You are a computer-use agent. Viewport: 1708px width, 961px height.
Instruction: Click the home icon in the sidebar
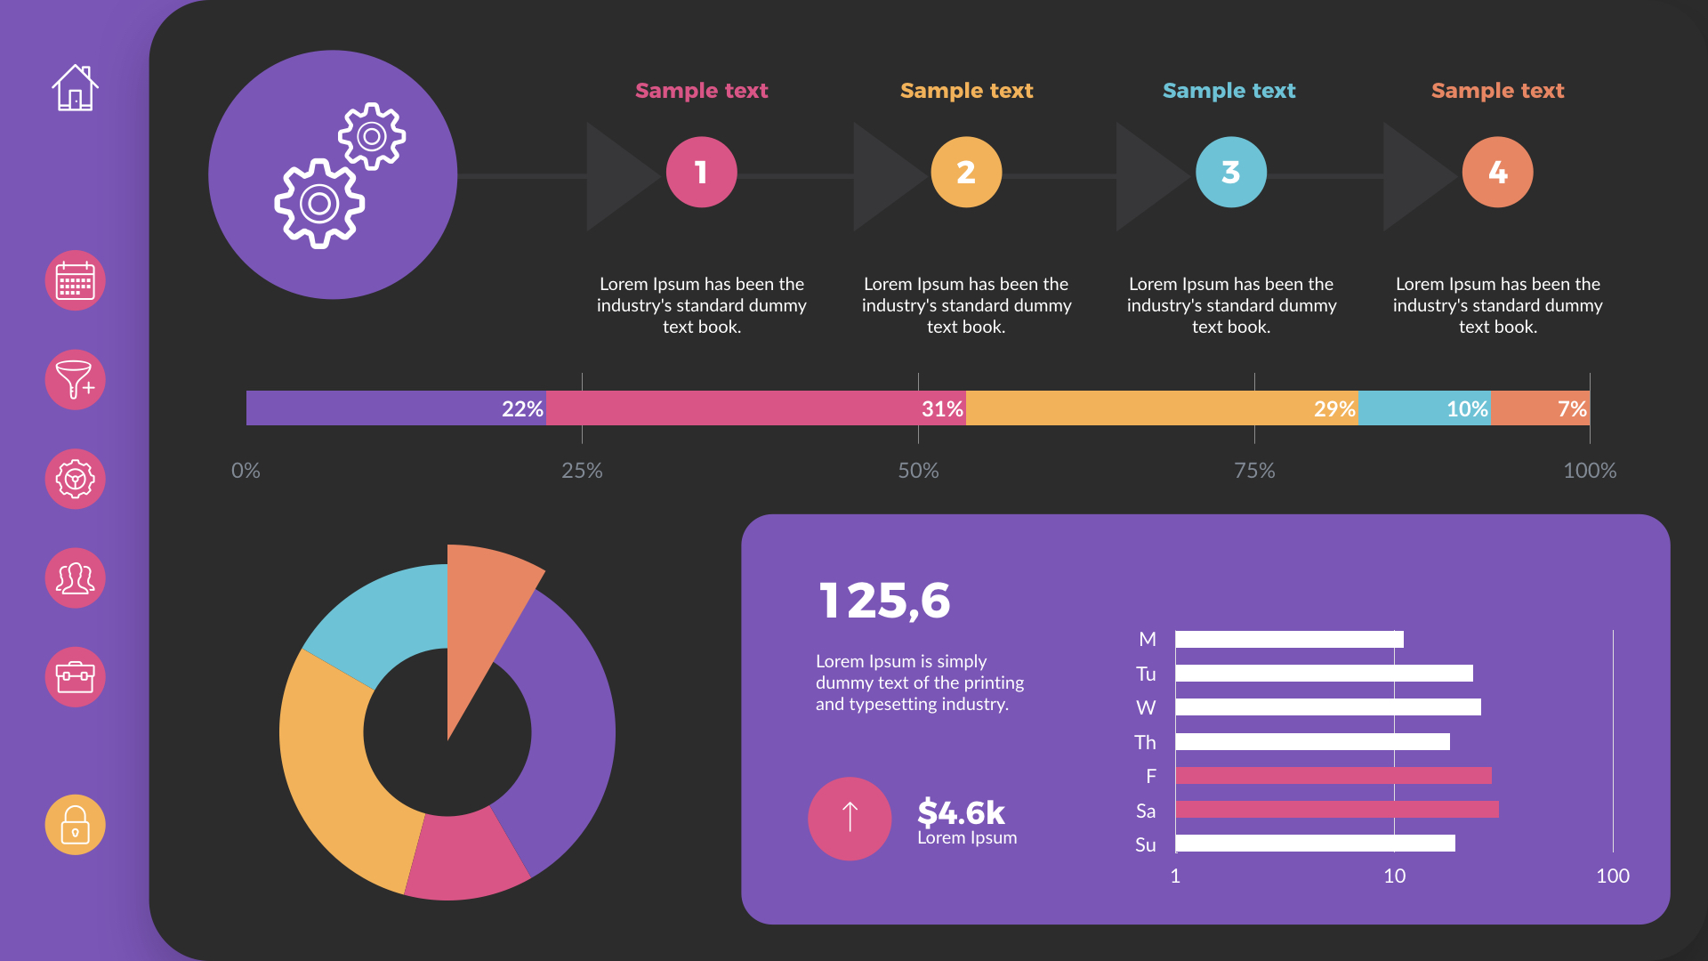(75, 87)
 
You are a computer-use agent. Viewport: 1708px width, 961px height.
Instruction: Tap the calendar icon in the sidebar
(75, 280)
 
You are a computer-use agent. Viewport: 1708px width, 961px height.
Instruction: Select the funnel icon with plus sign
(75, 380)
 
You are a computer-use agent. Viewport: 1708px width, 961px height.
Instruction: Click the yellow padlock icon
(75, 825)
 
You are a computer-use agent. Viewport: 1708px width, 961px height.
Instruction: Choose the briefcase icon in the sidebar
(75, 677)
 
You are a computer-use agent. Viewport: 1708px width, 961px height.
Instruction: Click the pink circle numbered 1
(701, 172)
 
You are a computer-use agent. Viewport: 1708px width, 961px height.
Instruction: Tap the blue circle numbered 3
(1230, 172)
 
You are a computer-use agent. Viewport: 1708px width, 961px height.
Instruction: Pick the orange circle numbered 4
(1497, 172)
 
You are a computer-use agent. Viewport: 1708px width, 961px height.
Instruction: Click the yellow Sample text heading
(966, 91)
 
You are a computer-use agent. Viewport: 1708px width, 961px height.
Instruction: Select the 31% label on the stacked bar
(941, 408)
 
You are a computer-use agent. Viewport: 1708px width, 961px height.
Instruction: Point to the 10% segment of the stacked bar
(1424, 408)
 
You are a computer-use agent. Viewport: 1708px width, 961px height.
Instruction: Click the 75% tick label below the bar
(1254, 470)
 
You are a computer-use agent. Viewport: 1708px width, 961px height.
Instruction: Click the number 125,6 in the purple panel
(884, 601)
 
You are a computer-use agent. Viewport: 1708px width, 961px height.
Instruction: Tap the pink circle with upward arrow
(850, 818)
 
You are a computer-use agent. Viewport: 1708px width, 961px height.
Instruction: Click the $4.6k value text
(961, 812)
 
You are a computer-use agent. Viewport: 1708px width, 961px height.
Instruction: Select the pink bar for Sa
(1336, 809)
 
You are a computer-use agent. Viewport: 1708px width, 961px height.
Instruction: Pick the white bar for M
(1289, 639)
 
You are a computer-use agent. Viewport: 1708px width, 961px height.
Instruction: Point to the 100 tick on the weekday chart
(1612, 876)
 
